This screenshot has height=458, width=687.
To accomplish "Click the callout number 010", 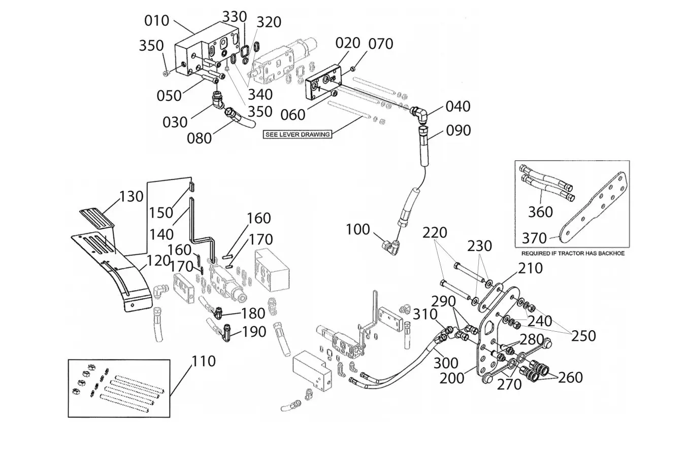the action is (x=157, y=21).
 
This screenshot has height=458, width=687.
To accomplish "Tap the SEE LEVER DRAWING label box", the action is (x=298, y=134).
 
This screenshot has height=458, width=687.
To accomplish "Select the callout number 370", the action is (x=534, y=238).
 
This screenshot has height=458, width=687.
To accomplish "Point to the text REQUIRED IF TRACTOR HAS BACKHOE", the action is (x=573, y=254).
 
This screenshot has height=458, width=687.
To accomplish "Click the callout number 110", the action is (x=204, y=362).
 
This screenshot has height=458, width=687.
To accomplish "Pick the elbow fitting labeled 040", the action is (x=419, y=116).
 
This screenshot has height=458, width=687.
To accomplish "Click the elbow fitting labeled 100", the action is (x=389, y=246).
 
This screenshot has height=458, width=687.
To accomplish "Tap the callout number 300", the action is (x=446, y=363).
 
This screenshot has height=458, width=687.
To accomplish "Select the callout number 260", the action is (x=570, y=377).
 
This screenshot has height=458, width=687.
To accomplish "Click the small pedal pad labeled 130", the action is (x=97, y=218).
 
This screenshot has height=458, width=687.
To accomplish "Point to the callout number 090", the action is (x=458, y=130).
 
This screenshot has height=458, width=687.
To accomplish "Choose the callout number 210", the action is (x=531, y=268).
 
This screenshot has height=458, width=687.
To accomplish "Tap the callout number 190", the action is (x=254, y=332).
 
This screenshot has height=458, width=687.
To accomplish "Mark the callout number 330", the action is (x=235, y=17).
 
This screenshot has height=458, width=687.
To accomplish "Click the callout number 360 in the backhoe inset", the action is (x=540, y=212).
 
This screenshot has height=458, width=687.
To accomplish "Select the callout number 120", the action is (x=158, y=261).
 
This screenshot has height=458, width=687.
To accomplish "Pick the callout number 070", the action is (x=381, y=44).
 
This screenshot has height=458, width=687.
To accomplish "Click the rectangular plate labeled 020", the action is (x=324, y=82).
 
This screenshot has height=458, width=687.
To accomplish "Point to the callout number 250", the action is (x=583, y=336).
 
